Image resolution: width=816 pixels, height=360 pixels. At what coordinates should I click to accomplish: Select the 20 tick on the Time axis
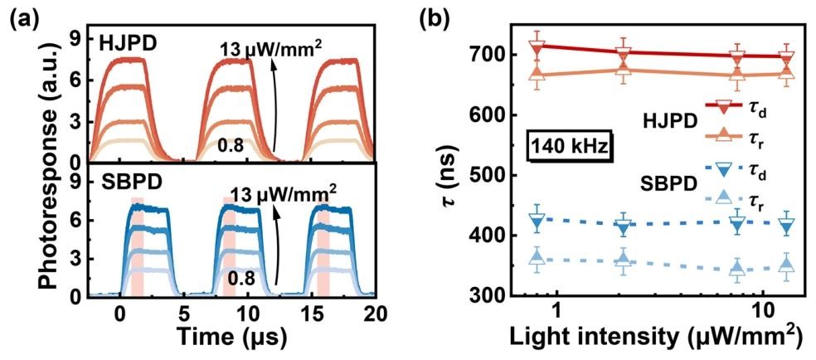pos(376,314)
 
